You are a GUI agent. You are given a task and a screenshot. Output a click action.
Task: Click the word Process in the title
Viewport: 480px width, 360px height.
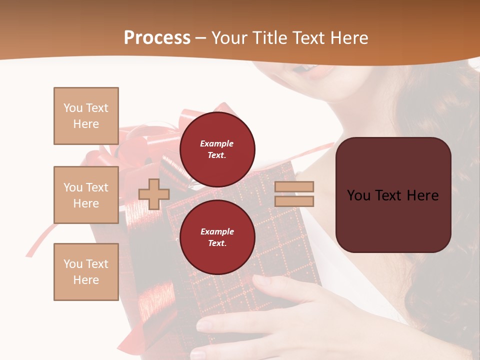click(157, 38)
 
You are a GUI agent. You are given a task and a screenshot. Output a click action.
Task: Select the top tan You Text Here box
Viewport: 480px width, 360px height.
click(86, 116)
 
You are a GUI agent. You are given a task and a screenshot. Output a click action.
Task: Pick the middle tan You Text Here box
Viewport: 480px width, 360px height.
click(86, 195)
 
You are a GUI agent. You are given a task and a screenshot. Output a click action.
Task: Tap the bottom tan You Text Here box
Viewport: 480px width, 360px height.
click(86, 272)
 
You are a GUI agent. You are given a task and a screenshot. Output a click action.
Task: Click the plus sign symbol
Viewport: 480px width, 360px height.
click(153, 194)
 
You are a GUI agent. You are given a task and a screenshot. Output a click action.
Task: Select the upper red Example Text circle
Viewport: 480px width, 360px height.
click(217, 149)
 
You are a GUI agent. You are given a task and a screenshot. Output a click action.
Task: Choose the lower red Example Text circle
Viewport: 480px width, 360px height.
click(217, 237)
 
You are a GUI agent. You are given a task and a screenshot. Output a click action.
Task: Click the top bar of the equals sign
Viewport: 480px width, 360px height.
click(294, 187)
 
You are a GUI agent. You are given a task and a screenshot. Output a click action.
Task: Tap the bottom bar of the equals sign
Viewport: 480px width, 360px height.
click(294, 201)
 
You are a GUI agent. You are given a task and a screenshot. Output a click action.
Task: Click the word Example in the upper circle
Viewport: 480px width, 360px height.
click(217, 144)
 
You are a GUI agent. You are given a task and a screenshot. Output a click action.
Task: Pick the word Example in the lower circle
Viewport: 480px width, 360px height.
click(217, 232)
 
